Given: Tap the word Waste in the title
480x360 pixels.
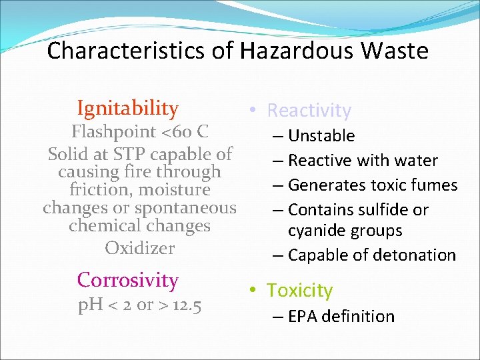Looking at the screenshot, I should (x=395, y=51).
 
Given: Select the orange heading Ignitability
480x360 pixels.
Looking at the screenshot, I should (x=127, y=108).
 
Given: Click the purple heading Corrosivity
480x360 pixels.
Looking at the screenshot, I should (x=127, y=280).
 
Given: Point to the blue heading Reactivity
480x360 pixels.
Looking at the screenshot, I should (x=309, y=111).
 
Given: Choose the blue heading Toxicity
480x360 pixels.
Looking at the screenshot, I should (x=299, y=291).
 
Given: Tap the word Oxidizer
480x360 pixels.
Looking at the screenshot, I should (x=139, y=248).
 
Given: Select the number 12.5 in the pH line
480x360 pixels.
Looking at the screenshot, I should (x=187, y=306).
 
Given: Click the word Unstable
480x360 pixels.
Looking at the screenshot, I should (x=321, y=136).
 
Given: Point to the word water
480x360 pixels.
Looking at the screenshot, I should (x=417, y=161).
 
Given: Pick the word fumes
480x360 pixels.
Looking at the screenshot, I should (x=433, y=185).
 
